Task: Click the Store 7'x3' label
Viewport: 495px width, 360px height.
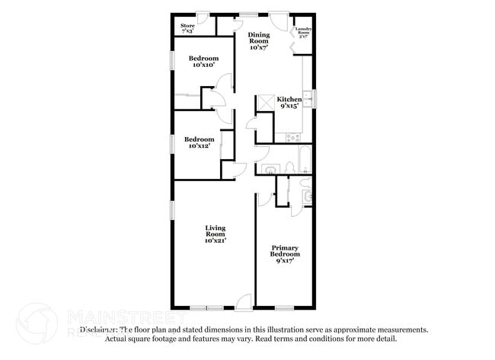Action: coord(187,28)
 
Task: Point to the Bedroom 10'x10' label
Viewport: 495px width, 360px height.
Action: coord(204,62)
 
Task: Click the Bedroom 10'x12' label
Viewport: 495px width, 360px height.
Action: coord(199,142)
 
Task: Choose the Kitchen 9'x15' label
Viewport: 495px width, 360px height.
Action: coord(289,104)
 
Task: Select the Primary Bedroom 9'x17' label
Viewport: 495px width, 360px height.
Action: coord(286,253)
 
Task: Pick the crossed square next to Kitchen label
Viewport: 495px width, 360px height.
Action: coord(266,103)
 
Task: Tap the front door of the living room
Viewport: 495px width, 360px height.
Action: coord(244,301)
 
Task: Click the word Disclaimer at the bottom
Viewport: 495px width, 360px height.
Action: coord(98,330)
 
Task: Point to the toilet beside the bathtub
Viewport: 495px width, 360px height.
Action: coord(289,167)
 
